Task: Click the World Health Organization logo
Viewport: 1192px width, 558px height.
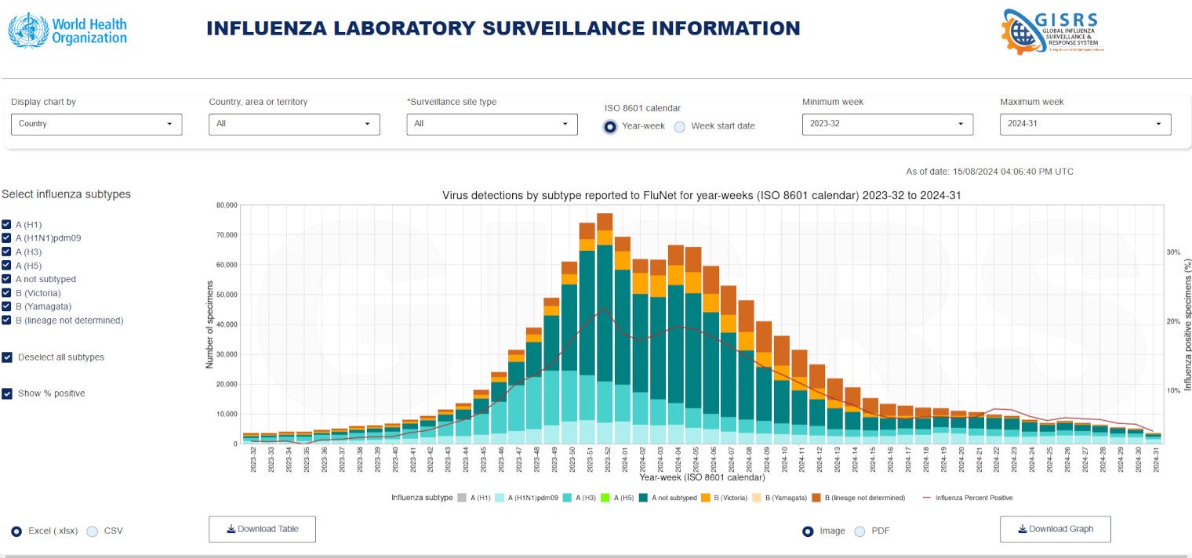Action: pyautogui.click(x=67, y=31)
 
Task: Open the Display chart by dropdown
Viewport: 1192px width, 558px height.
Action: pyautogui.click(x=96, y=124)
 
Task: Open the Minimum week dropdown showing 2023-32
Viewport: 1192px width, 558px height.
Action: pyautogui.click(x=887, y=124)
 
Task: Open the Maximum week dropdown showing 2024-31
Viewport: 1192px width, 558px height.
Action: pyautogui.click(x=1085, y=124)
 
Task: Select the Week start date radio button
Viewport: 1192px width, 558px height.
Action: pyautogui.click(x=680, y=126)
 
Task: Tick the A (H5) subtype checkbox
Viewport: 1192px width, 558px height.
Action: pyautogui.click(x=7, y=266)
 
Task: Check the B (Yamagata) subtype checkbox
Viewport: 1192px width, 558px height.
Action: pyautogui.click(x=7, y=306)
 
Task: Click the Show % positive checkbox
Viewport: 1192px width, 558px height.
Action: pyautogui.click(x=7, y=393)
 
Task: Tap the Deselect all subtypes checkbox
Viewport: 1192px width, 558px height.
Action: pyautogui.click(x=7, y=357)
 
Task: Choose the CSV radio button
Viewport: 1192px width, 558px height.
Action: pyautogui.click(x=92, y=531)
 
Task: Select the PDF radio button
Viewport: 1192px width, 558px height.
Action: pyautogui.click(x=859, y=531)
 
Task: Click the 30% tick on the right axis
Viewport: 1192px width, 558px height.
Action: pyautogui.click(x=1173, y=252)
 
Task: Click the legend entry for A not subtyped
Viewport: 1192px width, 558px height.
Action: pyautogui.click(x=667, y=498)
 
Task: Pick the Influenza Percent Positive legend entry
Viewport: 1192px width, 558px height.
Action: pyautogui.click(x=968, y=498)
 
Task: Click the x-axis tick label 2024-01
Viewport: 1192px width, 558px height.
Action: pyautogui.click(x=623, y=458)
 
